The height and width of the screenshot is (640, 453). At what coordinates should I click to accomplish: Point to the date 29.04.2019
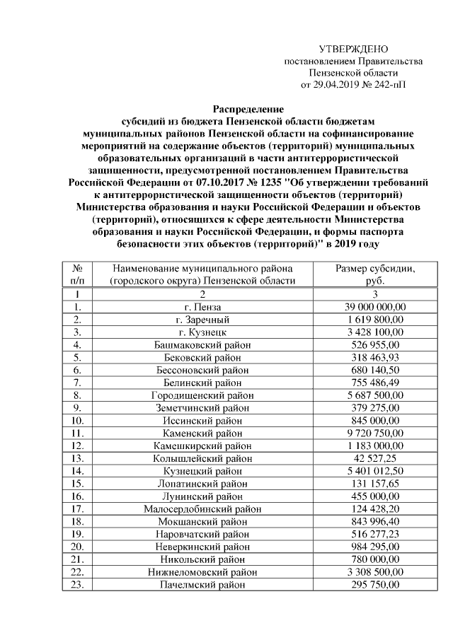332,85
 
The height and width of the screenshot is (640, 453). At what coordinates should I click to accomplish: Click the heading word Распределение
248,110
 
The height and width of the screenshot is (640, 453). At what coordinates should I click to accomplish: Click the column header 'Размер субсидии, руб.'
374,274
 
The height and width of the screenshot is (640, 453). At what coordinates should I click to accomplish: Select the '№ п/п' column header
78,274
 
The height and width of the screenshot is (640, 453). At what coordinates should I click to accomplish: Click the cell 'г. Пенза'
202,308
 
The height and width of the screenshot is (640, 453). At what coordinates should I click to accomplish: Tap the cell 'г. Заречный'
202,320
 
